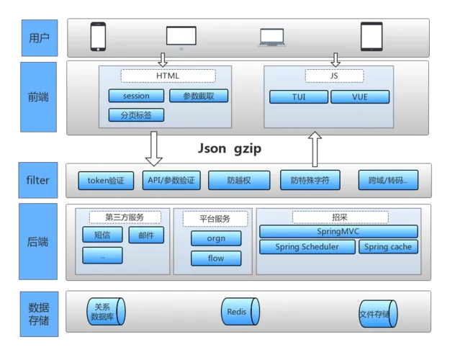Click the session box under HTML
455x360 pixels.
point(136,96)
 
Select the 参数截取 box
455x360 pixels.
point(199,96)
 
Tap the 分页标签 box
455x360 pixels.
point(136,114)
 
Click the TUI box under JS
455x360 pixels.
point(298,96)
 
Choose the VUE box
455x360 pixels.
point(359,96)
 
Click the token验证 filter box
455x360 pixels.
point(106,181)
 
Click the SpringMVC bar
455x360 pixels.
point(338,231)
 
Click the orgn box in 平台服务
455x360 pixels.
point(216,238)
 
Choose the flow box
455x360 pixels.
point(216,258)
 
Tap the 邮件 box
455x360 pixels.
point(146,235)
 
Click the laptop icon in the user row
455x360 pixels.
point(272,37)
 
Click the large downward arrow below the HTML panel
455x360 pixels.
point(153,148)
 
